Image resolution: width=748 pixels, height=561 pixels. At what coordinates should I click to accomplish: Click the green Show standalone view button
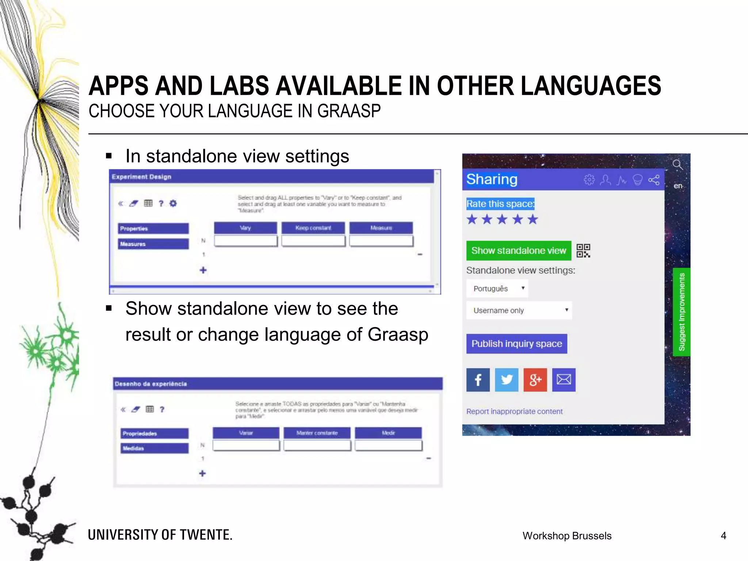pyautogui.click(x=518, y=251)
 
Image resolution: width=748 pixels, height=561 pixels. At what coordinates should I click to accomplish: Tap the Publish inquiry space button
pyautogui.click(x=516, y=344)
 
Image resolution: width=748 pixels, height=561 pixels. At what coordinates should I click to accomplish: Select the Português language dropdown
pyautogui.click(x=497, y=289)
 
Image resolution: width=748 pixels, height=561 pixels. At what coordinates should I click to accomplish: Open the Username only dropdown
pyautogui.click(x=519, y=310)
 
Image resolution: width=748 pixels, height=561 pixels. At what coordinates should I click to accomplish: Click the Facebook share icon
pyautogui.click(x=478, y=380)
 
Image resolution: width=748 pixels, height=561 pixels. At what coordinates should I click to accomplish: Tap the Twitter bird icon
pyautogui.click(x=506, y=380)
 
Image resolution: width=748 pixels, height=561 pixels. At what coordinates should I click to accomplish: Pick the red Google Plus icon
pyautogui.click(x=535, y=380)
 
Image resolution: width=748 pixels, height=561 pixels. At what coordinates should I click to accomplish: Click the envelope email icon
pyautogui.click(x=564, y=380)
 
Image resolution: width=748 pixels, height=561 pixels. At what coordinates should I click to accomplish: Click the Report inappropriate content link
pyautogui.click(x=514, y=411)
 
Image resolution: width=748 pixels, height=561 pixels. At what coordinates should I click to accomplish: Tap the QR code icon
pyautogui.click(x=583, y=251)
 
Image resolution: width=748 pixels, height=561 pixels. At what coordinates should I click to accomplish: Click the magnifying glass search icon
pyautogui.click(x=678, y=165)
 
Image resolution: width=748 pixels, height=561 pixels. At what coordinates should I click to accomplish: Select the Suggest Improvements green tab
pyautogui.click(x=682, y=312)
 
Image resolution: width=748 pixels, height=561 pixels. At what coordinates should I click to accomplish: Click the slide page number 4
pyautogui.click(x=723, y=536)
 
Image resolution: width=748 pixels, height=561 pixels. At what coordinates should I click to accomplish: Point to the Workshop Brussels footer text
pyautogui.click(x=567, y=536)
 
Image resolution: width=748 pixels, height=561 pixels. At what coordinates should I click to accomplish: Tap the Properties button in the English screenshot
pyautogui.click(x=153, y=229)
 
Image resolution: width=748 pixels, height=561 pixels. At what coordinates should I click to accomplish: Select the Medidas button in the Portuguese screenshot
pyautogui.click(x=154, y=448)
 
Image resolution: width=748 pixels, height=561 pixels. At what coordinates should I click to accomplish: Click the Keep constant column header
pyautogui.click(x=313, y=228)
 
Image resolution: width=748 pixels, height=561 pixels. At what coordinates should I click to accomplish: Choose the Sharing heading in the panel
pyautogui.click(x=492, y=179)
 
